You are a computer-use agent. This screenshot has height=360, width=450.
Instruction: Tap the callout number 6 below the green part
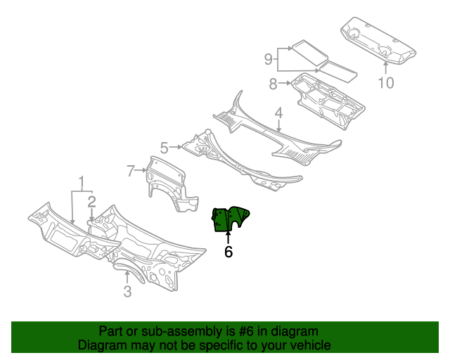(229, 252)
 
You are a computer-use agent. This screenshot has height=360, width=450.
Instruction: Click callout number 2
(91, 201)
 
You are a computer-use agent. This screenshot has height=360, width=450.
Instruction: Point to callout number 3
(127, 292)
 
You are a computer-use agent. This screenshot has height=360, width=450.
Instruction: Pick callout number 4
(278, 112)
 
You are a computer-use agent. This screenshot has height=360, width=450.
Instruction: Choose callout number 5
(164, 148)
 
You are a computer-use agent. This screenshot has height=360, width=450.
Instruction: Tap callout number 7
(131, 170)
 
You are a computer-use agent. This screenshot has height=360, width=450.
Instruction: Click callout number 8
(273, 84)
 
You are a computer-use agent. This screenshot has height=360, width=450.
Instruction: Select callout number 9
(268, 59)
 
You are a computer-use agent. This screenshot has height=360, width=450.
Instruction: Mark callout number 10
(386, 84)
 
